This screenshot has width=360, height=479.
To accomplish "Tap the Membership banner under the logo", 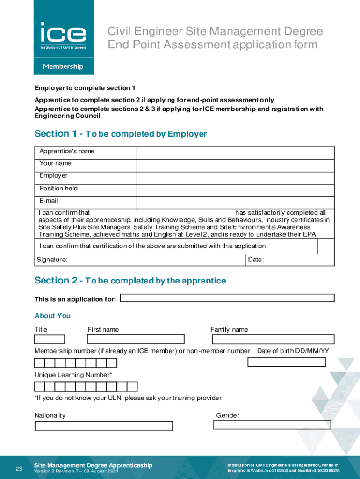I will pos(63,66).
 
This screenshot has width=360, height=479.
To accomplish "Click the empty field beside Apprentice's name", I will pos(235,153).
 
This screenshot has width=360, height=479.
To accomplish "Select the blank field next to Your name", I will pos(235,166).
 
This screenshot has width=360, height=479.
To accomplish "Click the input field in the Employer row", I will pos(235,178).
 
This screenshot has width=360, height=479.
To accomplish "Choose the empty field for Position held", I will pos(235,191).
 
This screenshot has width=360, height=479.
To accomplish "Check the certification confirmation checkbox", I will pos(326,246).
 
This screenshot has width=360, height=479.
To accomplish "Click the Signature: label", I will pos(52,260).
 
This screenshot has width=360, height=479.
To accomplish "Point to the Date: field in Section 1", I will pos(290,260).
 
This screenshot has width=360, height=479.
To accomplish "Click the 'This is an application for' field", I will pos(227,298).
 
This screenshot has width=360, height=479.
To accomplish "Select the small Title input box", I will pos(50,340).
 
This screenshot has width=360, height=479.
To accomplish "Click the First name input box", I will pos(136,340).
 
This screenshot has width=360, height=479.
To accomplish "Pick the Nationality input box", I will pos(104,426).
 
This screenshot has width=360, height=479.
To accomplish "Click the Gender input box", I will pos(272,425).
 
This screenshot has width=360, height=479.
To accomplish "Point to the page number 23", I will pos(19,469).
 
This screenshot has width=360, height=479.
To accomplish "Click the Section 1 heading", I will pos(121,134).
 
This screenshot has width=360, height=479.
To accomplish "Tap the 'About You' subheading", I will pos(52,316).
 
